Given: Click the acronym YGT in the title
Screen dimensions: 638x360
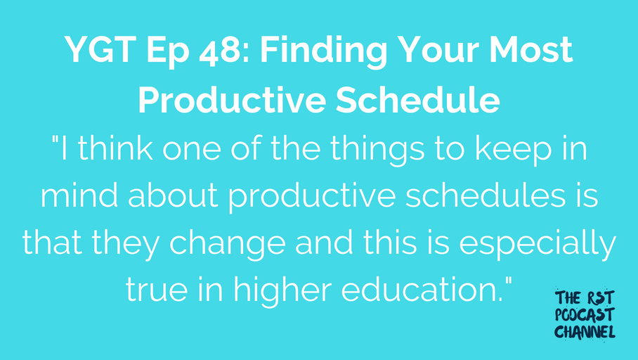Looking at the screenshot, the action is [100, 50].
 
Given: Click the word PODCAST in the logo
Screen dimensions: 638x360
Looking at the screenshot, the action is [585, 315].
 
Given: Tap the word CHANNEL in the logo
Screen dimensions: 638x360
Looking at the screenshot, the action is [585, 332].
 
